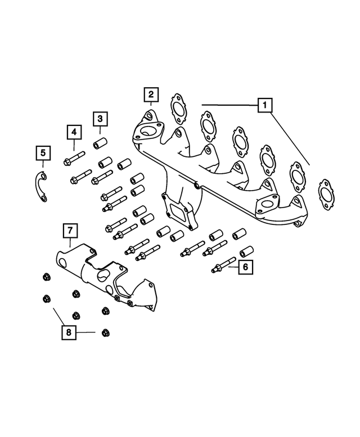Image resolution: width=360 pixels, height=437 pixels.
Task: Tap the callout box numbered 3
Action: [100, 119]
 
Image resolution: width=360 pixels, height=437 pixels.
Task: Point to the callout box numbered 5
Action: [43, 153]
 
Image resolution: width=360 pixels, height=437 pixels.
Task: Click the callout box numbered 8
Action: [69, 333]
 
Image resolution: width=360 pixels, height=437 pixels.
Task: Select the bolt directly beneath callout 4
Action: [74, 156]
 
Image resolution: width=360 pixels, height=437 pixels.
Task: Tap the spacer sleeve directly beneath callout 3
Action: [100, 144]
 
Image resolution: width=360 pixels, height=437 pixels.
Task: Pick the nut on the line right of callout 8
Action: [105, 332]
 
